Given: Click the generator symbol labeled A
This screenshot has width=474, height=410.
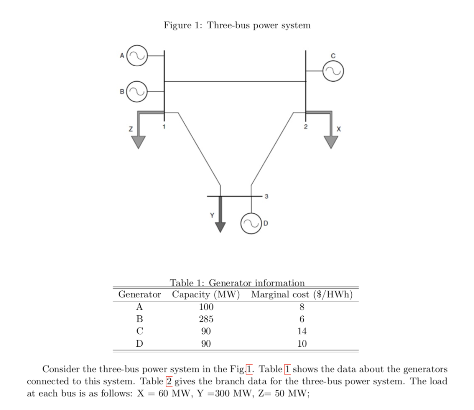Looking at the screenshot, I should point(137,55).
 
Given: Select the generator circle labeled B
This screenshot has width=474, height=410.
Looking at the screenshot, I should point(137,91).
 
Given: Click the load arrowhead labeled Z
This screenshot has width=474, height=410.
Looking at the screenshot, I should point(137,141).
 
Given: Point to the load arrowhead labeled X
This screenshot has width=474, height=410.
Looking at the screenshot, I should point(331,141).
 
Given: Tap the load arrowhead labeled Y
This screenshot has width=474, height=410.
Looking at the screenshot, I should point(221,226).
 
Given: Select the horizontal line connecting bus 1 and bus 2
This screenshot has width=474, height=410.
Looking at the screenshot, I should point(235,81).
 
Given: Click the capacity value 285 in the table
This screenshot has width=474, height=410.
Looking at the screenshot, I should point(206,319).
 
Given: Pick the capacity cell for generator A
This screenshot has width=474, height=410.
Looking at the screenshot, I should point(206,307).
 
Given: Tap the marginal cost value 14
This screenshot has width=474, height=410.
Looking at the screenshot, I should point(302,331).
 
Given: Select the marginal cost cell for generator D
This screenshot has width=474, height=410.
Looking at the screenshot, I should point(302,344).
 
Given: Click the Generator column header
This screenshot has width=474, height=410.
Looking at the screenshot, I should point(140,294).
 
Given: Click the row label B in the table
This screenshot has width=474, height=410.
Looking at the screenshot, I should point(139,319).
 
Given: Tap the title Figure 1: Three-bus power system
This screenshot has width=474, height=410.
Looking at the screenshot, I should point(237,25).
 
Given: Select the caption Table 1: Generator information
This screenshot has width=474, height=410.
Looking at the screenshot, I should point(237,282).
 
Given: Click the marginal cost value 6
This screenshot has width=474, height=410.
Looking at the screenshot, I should point(302,319).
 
